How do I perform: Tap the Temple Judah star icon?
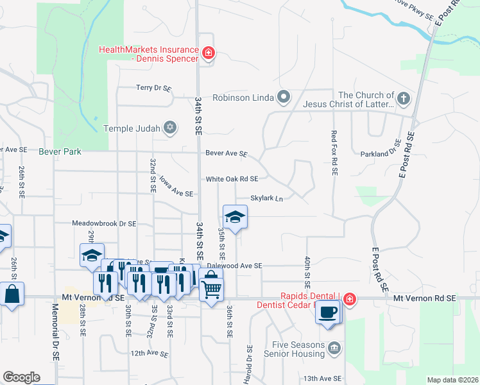170,128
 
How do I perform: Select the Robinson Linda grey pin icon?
284,98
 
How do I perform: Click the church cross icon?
403,98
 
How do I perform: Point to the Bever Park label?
60,152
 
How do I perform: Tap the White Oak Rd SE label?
232,179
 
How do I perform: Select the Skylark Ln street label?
266,198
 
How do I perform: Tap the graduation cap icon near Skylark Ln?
235,217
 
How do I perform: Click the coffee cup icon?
329,312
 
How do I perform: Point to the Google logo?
21,377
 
